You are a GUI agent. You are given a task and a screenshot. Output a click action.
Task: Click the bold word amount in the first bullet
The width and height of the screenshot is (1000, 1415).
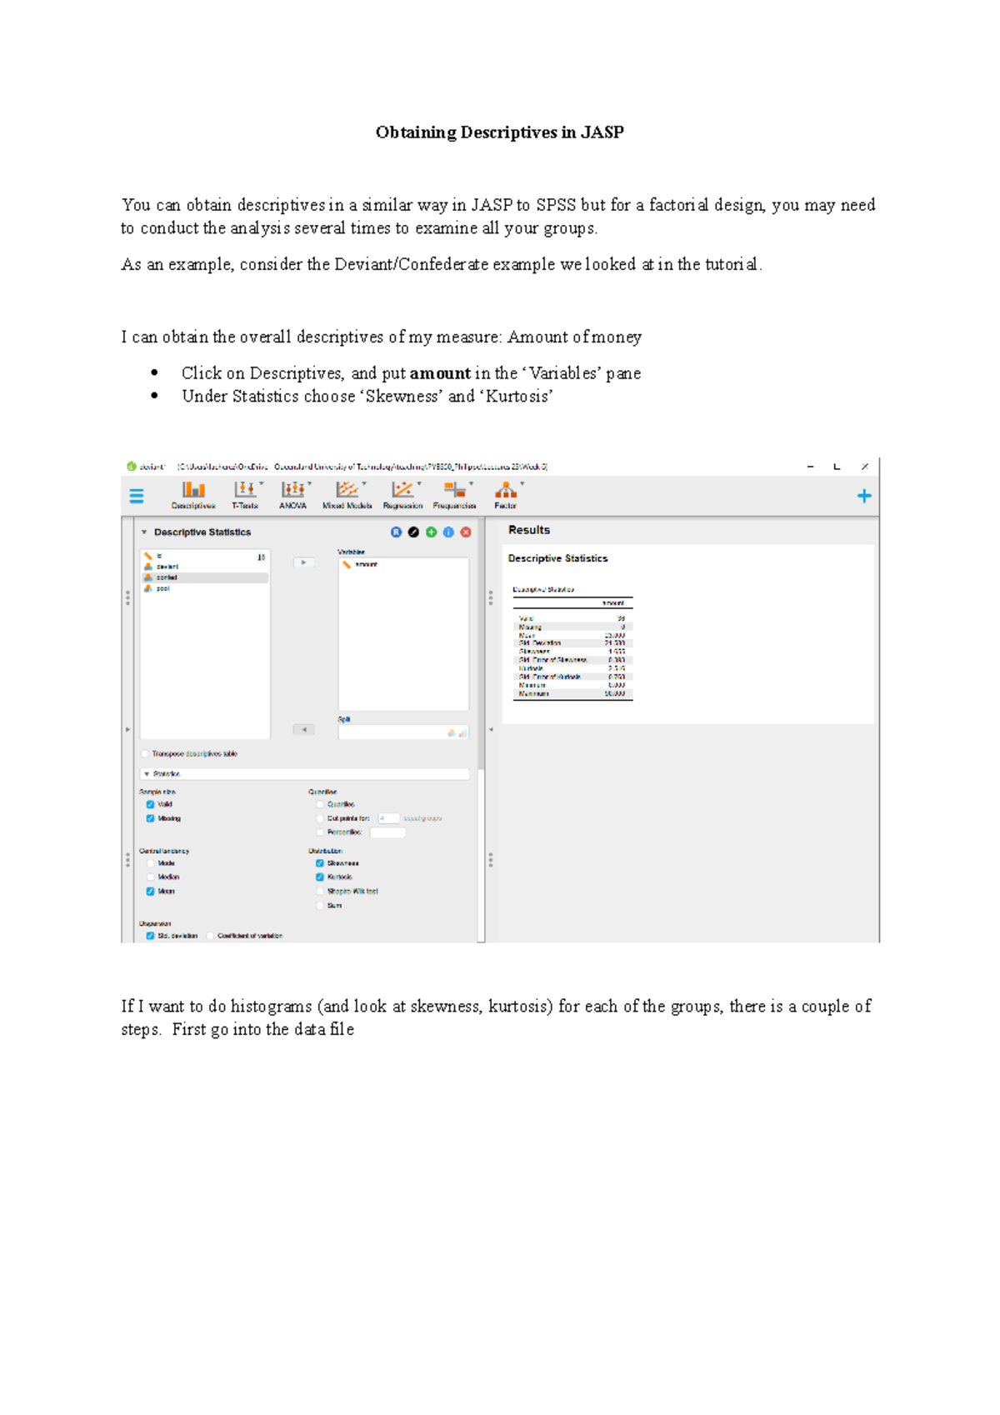point(440,373)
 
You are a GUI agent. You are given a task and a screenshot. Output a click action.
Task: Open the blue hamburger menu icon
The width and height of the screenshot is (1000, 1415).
point(137,497)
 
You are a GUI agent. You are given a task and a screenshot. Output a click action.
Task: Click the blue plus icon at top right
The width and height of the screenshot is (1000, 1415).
point(864,497)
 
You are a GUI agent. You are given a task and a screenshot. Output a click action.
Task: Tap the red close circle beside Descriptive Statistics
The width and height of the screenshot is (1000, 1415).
point(466,532)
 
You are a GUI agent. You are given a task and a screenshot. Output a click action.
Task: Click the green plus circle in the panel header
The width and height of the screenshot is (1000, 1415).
point(431,532)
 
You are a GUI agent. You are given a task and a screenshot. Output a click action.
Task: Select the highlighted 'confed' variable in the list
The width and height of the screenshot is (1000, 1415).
point(167,577)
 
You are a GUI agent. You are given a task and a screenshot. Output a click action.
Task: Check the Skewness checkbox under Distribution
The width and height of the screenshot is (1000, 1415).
point(320,863)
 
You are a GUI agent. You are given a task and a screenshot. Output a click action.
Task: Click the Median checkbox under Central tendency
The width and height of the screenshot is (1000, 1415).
point(151,877)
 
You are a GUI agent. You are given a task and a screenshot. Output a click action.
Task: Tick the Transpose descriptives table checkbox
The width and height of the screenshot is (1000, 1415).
point(145,753)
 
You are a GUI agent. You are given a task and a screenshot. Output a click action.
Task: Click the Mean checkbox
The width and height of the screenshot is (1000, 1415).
point(151,891)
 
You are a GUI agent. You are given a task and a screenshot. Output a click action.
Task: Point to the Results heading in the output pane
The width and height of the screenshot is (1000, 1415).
point(529,530)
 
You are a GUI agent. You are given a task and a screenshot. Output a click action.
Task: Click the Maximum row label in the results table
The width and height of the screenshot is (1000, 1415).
point(533,693)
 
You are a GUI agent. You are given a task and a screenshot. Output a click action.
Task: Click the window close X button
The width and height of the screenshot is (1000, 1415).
point(865,467)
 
